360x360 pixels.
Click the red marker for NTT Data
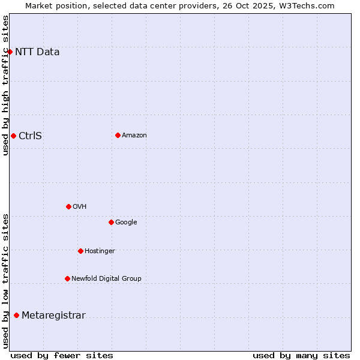10,52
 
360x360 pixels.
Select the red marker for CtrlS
13,136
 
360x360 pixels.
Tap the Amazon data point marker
118,135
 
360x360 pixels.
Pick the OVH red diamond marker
68,206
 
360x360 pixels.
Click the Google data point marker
111,222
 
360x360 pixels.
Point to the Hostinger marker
80,251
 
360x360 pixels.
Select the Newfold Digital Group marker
67,278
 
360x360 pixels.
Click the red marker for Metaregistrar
16,316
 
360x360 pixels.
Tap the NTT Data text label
37,52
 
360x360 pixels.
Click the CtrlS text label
30,136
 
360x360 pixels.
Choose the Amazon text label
134,135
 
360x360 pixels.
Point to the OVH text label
80,206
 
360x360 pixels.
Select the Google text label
126,222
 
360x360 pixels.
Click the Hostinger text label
100,251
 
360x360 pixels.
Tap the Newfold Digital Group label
106,278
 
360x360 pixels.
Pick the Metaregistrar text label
53,316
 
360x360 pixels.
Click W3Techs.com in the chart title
309,5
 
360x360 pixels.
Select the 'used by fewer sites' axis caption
62,355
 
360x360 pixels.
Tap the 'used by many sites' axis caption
301,355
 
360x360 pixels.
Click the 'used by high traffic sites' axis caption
5,85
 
